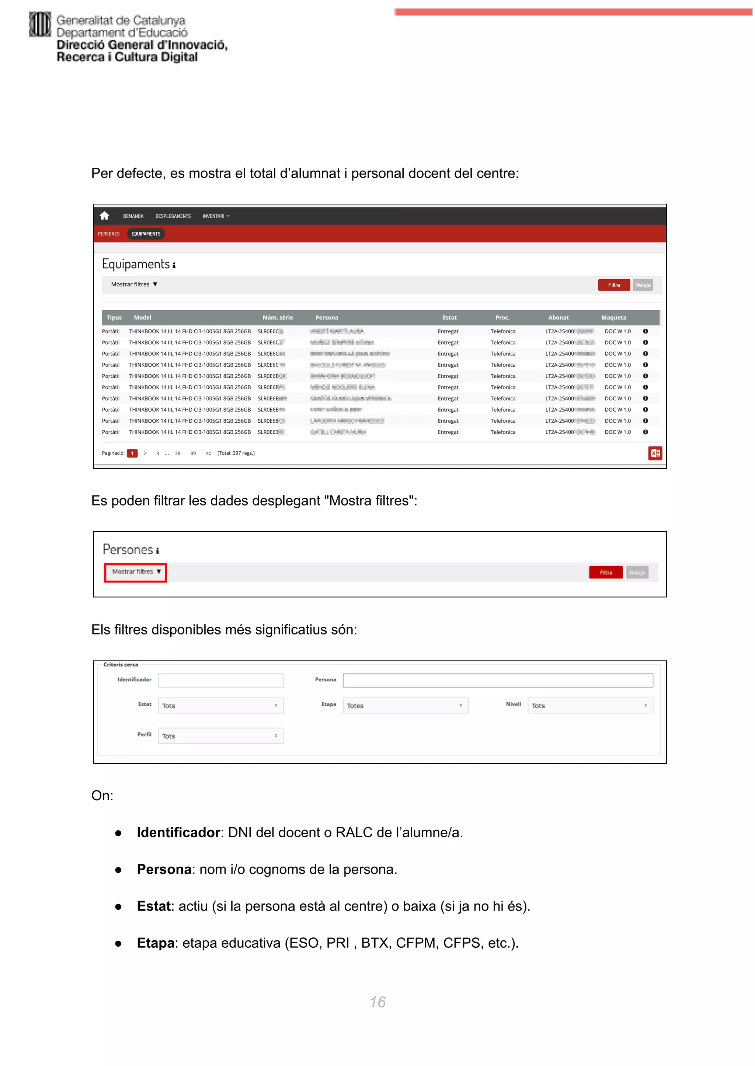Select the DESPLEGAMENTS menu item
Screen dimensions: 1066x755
point(173,216)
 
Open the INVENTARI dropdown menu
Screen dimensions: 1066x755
point(216,216)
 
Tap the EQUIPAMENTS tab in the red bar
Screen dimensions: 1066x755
point(146,234)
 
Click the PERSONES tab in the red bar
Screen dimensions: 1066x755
point(109,234)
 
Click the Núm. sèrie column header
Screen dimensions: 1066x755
point(278,317)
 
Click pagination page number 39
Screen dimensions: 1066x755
point(193,453)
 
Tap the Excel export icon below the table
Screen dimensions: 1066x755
point(655,453)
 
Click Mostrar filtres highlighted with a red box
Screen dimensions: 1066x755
point(136,572)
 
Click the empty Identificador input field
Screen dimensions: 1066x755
point(220,680)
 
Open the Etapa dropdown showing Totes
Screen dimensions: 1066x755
point(405,705)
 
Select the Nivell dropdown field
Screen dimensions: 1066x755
point(589,705)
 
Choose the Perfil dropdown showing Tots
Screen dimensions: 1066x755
point(220,735)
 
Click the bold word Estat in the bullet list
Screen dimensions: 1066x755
point(153,906)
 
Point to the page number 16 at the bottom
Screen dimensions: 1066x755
point(377,1002)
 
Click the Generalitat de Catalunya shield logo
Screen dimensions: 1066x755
point(40,24)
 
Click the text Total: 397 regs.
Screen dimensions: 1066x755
point(236,453)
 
